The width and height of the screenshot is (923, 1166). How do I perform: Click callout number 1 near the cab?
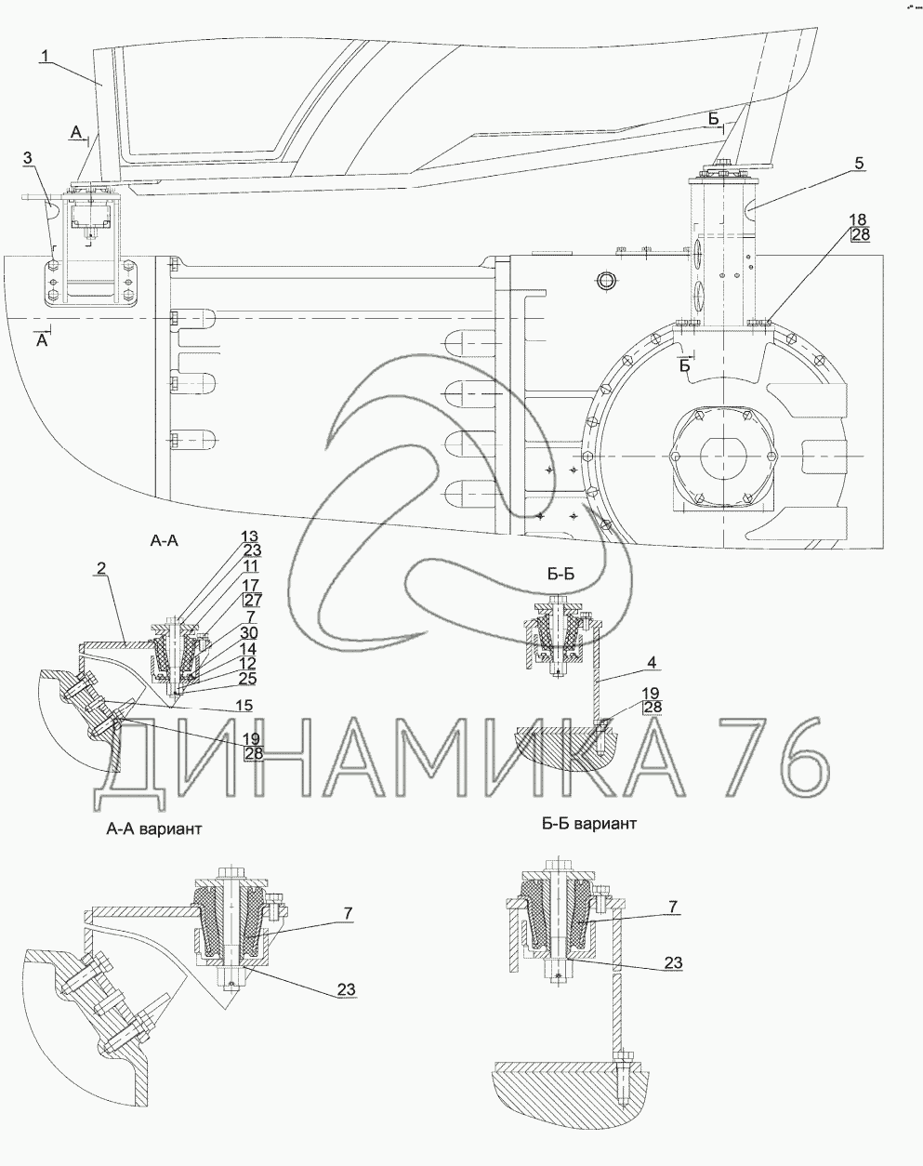click(x=46, y=55)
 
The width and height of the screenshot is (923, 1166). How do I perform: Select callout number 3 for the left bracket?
click(x=28, y=158)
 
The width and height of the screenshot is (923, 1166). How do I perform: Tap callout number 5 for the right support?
click(x=859, y=163)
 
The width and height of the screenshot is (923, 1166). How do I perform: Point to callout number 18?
click(x=857, y=219)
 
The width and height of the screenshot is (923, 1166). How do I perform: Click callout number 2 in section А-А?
click(x=101, y=568)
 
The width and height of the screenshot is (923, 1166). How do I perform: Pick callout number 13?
click(x=249, y=537)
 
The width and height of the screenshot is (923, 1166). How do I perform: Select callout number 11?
click(x=250, y=566)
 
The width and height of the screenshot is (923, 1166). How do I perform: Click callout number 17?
click(x=251, y=585)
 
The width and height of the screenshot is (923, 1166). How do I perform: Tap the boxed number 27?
click(x=253, y=600)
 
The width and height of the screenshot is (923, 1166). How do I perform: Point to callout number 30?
click(x=250, y=632)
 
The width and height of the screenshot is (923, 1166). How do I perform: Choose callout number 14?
click(x=248, y=648)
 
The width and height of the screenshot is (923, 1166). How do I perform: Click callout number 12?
click(x=248, y=663)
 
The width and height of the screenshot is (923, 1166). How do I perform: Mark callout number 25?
click(x=248, y=679)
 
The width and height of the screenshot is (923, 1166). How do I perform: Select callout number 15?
click(x=244, y=705)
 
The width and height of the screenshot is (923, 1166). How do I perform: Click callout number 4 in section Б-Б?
click(x=651, y=662)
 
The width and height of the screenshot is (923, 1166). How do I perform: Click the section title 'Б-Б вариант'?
click(x=588, y=823)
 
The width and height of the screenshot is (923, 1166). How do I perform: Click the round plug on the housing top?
click(x=605, y=280)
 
